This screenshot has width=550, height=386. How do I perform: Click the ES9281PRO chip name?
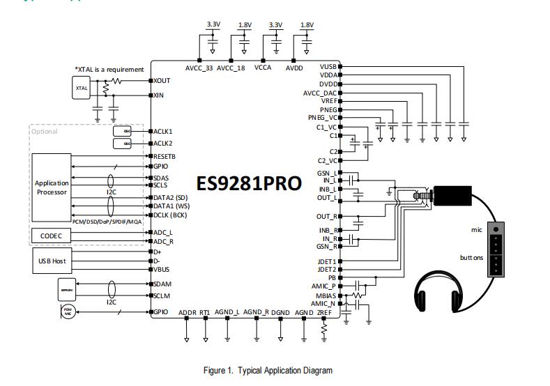[x=249, y=183]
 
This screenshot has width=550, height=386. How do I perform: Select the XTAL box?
[x=82, y=88]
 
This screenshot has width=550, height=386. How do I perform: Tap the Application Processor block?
[x=52, y=187]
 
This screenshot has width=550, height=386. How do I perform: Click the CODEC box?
[x=52, y=236]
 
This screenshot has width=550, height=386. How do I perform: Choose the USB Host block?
[x=52, y=261]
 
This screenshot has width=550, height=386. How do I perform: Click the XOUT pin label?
[x=162, y=81]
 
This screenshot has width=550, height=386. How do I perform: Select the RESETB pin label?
[x=165, y=157]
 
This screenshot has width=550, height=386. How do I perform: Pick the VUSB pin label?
[x=328, y=66]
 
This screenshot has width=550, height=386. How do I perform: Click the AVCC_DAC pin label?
[x=320, y=93]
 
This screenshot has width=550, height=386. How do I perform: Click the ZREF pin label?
[x=324, y=313]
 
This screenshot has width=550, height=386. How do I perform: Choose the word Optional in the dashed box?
[x=45, y=131]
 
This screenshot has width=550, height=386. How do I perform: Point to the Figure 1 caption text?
[x=268, y=371]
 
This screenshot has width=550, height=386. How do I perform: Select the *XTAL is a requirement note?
[x=109, y=69]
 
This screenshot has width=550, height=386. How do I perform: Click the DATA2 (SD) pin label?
[x=171, y=197]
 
